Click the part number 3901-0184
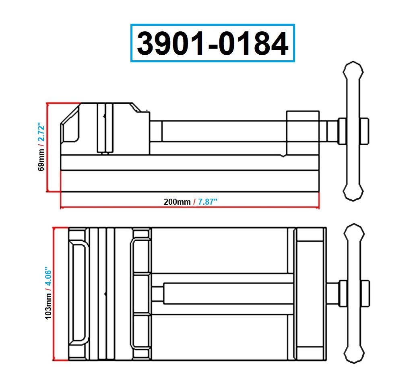point(213,43)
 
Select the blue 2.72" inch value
point(41,132)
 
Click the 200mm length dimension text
point(177,202)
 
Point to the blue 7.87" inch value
point(207,202)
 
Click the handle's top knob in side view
point(353,73)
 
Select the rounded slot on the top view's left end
point(78,292)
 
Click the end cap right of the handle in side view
point(364,131)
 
